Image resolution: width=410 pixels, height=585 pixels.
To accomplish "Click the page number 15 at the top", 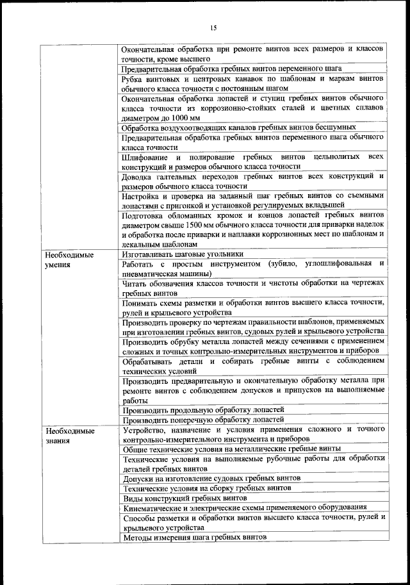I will click(x=213, y=27).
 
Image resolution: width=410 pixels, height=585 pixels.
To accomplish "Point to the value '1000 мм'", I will click(x=185, y=118).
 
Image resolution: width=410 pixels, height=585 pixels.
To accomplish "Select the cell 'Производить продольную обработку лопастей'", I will click(x=203, y=409).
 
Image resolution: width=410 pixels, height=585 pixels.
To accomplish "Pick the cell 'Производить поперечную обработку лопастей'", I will click(x=204, y=419).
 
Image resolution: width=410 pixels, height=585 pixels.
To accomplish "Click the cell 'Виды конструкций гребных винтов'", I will click(x=184, y=497).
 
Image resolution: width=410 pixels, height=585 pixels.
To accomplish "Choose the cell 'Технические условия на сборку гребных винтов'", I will click(x=207, y=488).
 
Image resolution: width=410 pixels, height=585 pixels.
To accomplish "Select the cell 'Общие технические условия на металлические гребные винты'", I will click(x=231, y=449).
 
